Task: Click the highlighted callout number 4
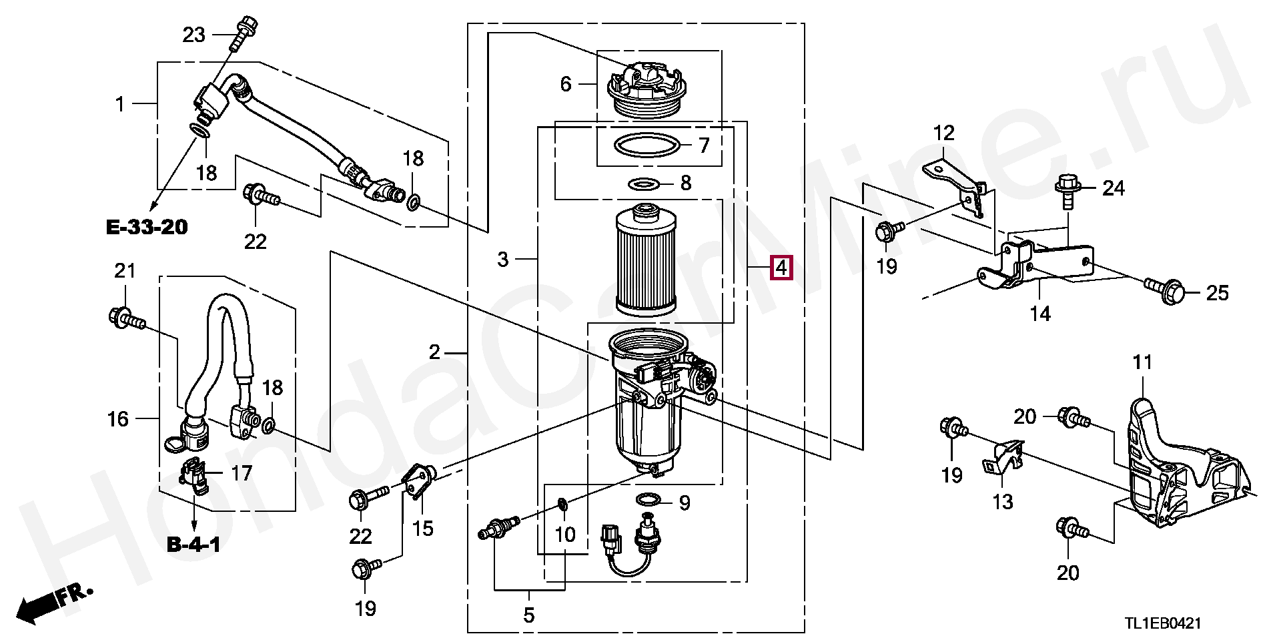(x=781, y=268)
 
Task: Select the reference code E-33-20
(x=147, y=228)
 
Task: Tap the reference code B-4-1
(x=193, y=545)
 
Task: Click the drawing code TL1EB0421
(x=1163, y=623)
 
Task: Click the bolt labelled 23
(x=242, y=31)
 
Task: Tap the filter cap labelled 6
(x=645, y=89)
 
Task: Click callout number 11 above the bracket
(x=1142, y=362)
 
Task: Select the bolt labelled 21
(x=126, y=318)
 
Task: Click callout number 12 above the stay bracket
(x=943, y=133)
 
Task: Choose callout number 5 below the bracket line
(x=528, y=615)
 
